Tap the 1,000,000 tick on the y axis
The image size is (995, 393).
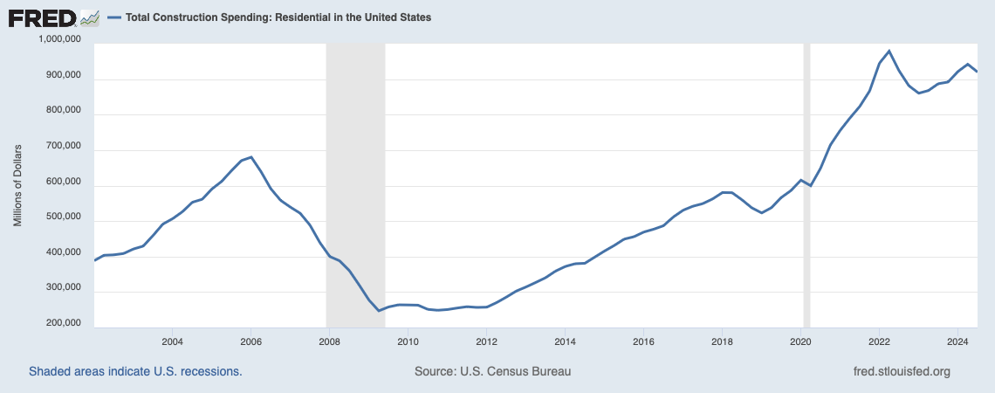coord(60,39)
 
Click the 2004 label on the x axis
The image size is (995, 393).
coord(172,341)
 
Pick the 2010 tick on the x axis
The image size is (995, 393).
coord(408,341)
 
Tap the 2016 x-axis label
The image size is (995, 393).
coord(643,341)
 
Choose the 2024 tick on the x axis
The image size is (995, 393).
coord(958,341)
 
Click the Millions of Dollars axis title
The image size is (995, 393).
coord(17,184)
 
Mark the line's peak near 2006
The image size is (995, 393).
coord(251,157)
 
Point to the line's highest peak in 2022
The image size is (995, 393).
coord(889,51)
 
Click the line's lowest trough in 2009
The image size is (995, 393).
coord(379,311)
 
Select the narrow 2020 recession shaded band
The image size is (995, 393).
coord(806,184)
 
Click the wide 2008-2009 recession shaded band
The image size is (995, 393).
coord(355,184)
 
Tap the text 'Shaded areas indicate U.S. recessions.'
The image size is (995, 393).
coord(135,371)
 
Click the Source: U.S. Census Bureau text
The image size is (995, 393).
coord(492,371)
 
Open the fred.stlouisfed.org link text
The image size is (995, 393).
coord(901,371)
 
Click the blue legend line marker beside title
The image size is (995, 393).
coord(114,17)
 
